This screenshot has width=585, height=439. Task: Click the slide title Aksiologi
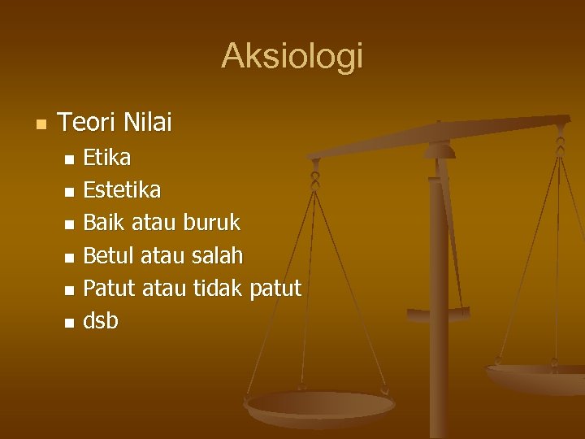pos(292,56)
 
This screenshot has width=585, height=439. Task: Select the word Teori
pos(89,123)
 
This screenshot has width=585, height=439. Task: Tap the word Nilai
pos(149,123)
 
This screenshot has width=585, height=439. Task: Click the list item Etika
pos(107,157)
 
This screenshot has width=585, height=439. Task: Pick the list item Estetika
pos(122,190)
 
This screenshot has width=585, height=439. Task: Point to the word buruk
pos(212,223)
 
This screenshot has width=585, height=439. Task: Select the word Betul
pos(110,256)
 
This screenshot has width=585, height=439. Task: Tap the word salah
pos(217,256)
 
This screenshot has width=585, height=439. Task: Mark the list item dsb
pos(101,321)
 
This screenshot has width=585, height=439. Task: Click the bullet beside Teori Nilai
pos(41,124)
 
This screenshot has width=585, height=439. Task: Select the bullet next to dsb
pos(69,323)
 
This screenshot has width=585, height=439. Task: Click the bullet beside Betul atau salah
pos(69,258)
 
